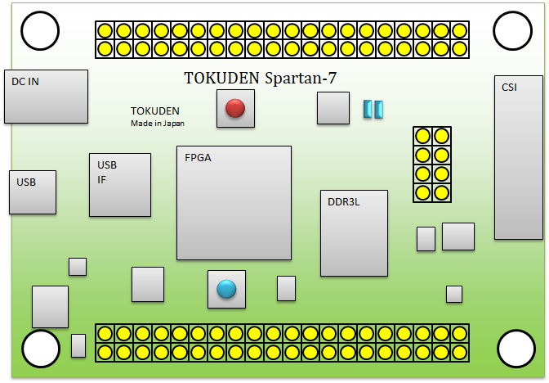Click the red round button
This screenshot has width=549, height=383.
[x=235, y=108]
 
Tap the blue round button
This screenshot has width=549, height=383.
[x=226, y=289]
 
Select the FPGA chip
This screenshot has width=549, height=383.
[x=234, y=203]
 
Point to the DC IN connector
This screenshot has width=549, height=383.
[x=46, y=97]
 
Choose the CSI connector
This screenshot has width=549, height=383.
[x=518, y=157]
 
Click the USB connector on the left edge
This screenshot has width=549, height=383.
[x=33, y=192]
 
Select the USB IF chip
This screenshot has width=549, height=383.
[x=120, y=185]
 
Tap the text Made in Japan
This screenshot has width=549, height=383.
[x=158, y=124]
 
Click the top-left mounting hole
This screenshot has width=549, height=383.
[x=40, y=33]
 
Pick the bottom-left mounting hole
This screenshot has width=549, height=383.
[x=41, y=349]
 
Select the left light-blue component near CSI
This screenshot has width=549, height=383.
[x=368, y=109]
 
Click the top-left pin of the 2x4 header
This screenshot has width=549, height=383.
[x=423, y=136]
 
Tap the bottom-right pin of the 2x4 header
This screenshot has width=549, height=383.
[x=442, y=193]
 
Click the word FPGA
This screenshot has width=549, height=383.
[x=199, y=157]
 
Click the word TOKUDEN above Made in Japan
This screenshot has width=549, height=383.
[x=155, y=110]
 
